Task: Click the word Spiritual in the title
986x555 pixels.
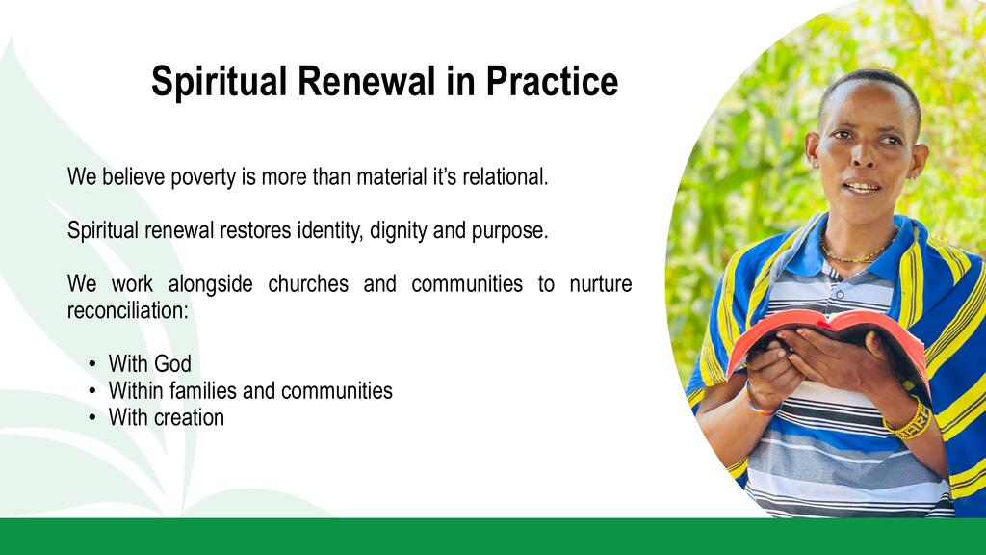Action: pyautogui.click(x=219, y=82)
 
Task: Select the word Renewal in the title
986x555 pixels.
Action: pyautogui.click(x=366, y=81)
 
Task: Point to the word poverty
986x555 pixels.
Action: pyautogui.click(x=203, y=178)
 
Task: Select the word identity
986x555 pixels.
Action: pyautogui.click(x=330, y=231)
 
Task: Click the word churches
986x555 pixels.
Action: pyautogui.click(x=308, y=284)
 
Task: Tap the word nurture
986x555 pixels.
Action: pyautogui.click(x=601, y=284)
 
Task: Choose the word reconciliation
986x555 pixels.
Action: pyautogui.click(x=128, y=310)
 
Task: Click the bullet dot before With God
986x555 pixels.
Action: pyautogui.click(x=92, y=363)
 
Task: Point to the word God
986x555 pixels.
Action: pyautogui.click(x=171, y=363)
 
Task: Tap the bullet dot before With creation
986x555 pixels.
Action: pyautogui.click(x=92, y=417)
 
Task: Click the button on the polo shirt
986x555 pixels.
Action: pyautogui.click(x=840, y=294)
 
